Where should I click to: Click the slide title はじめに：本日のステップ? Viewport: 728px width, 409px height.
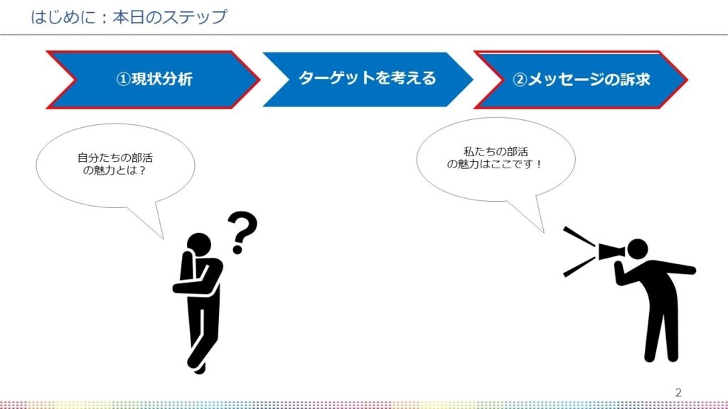[129, 17]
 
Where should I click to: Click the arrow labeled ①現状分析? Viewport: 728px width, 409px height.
[154, 80]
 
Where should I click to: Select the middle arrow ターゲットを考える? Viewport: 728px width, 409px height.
[368, 80]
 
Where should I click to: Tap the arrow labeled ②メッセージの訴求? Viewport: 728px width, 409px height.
[581, 80]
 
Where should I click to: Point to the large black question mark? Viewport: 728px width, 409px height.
[242, 232]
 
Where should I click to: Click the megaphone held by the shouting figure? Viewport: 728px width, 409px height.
[612, 251]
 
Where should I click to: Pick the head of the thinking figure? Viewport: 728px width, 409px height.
[199, 245]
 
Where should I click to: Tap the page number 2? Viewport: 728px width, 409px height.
[678, 393]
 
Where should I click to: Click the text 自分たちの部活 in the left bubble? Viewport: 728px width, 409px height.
[115, 158]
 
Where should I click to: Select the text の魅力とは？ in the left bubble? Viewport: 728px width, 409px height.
[114, 170]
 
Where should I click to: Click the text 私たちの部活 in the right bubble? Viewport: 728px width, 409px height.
[496, 151]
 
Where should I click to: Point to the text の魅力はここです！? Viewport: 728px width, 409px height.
[495, 164]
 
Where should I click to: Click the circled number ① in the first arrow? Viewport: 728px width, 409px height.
[123, 80]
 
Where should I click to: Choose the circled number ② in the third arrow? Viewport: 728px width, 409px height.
[520, 80]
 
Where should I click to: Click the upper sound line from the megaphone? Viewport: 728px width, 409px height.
[579, 236]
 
